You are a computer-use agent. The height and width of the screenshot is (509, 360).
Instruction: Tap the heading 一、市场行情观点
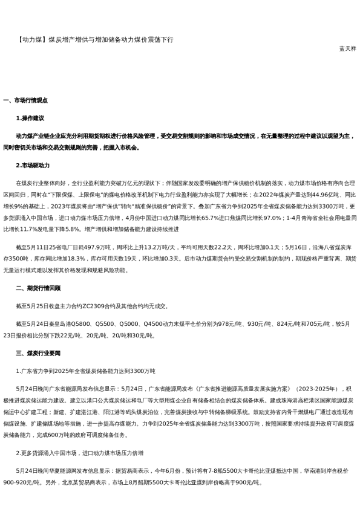(x=25, y=100)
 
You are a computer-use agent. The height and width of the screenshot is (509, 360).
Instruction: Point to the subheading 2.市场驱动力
(x=33, y=165)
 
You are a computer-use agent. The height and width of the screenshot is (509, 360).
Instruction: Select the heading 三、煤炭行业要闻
(x=38, y=353)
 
